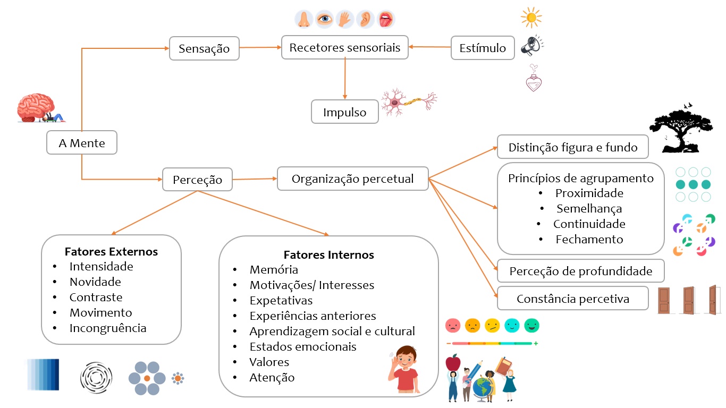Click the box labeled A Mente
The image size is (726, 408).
point(82,143)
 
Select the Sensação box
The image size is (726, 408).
point(204,48)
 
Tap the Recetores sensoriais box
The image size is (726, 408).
point(344,48)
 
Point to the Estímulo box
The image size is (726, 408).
point(483,48)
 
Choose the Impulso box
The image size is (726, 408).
point(344,112)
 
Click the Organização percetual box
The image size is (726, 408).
point(352,179)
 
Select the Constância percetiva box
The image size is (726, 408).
point(572,299)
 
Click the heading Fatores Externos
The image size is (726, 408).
point(111,251)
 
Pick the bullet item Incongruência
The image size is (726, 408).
point(108,328)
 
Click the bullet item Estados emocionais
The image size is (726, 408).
point(303,346)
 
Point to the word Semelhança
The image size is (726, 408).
point(589,209)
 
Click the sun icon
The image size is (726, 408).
point(531,18)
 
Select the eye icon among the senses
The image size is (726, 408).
point(324,20)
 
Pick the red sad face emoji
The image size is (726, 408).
point(453,325)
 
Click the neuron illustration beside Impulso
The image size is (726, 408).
point(408,101)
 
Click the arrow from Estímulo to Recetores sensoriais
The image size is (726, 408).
point(429,47)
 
